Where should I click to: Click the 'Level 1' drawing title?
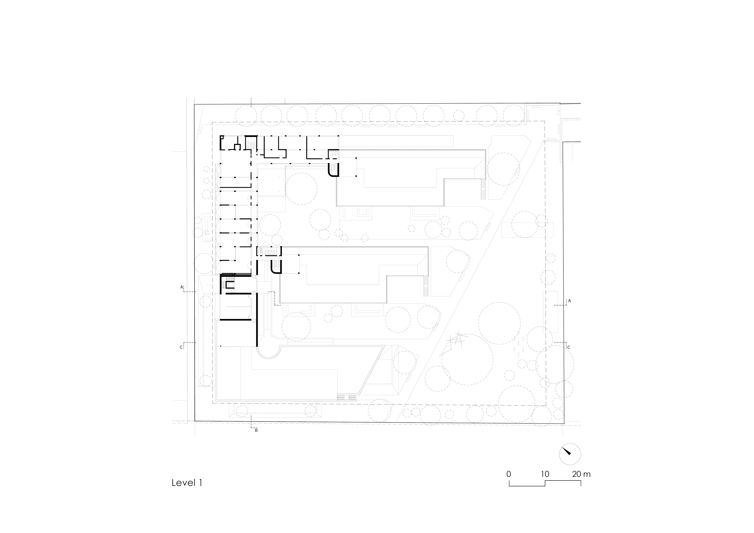187,483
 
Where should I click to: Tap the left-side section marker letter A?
181,287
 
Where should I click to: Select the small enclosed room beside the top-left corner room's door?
237,146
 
